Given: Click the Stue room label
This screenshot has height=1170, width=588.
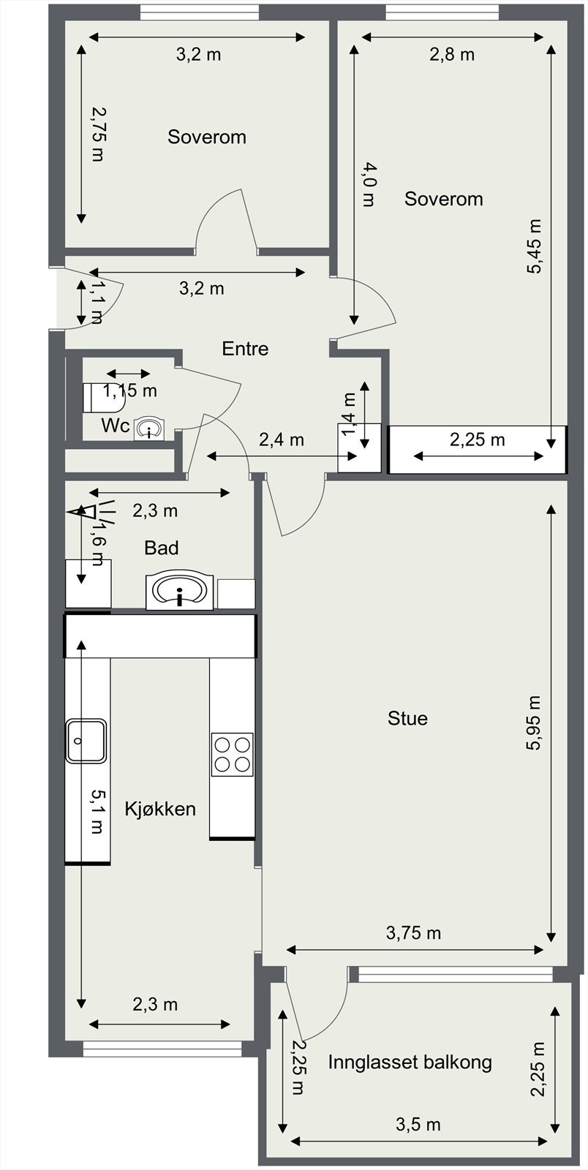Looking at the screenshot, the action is (x=407, y=718).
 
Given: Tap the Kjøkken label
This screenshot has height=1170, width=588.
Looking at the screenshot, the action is (x=160, y=809).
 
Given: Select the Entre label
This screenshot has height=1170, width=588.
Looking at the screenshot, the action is (x=245, y=348).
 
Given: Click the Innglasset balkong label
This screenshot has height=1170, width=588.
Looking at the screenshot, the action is (x=410, y=1062).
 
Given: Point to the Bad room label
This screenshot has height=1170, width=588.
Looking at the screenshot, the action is (x=162, y=548).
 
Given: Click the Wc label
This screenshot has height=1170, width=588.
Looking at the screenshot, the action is (x=116, y=426).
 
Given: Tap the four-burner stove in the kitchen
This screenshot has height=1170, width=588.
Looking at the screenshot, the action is (x=233, y=754).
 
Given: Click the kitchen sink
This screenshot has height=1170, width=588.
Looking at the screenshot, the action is (x=86, y=741).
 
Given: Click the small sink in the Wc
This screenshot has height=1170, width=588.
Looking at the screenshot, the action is (x=148, y=429).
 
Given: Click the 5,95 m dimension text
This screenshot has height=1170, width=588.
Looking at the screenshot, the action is (x=533, y=723).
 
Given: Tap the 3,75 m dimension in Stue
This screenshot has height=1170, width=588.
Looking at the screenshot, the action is (x=414, y=932).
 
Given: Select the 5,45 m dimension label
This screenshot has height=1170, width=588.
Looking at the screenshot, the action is (x=533, y=246).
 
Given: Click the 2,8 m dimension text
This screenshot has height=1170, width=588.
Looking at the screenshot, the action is (x=452, y=54).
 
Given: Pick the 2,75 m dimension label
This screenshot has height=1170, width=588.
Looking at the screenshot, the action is (x=98, y=135).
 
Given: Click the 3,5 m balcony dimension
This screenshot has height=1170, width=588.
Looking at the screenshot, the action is (x=418, y=1124).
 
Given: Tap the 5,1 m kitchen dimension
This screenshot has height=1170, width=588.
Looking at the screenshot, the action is (x=98, y=811).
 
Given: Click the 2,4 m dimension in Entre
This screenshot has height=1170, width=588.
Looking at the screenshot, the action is (x=282, y=439).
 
